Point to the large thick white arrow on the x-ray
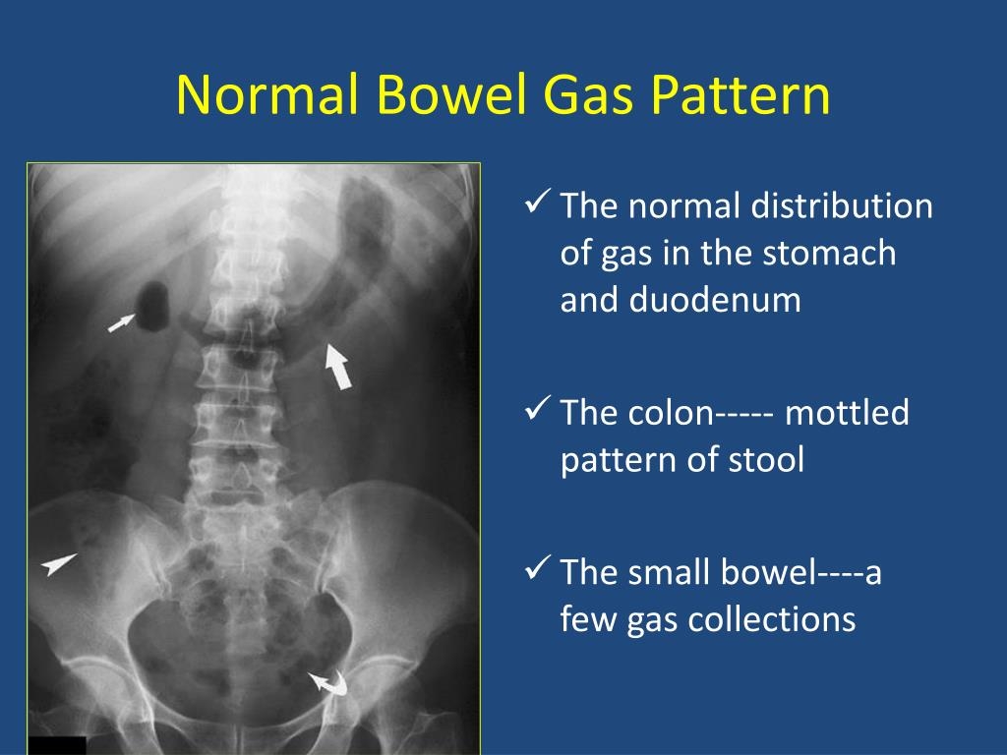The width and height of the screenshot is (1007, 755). coord(336,366)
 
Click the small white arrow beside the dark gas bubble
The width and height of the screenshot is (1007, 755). coord(121,321)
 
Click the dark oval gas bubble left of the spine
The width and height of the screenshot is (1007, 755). coord(154,305)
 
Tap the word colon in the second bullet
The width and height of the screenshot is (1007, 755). coord(665,413)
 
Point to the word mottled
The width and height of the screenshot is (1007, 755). coord(847,413)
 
